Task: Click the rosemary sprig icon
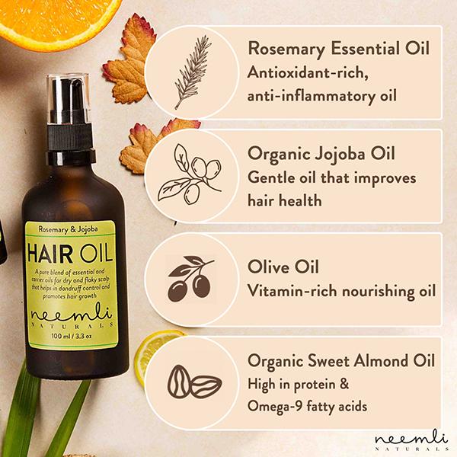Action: coord(193,72)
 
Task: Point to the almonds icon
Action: coord(194,382)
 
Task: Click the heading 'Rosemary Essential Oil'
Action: coord(338,49)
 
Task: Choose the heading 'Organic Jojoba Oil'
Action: coord(321,154)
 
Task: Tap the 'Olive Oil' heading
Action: coord(283,267)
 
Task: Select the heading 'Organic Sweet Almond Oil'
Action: coord(341,361)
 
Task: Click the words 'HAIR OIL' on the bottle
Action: coord(70,253)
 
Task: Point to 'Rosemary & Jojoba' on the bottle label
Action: coord(69,229)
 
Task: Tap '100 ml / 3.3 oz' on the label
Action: coord(72,336)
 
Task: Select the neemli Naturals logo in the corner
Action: coord(411,440)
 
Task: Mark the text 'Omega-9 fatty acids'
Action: coord(307,407)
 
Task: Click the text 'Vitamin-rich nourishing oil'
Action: coord(341,291)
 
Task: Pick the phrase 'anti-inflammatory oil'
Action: coord(322,96)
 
